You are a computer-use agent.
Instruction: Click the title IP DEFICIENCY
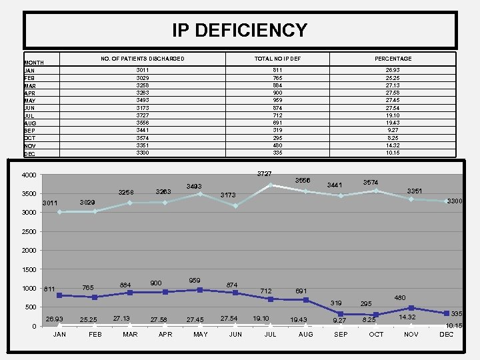pyautogui.click(x=240, y=30)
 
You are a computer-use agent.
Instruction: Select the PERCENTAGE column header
pyautogui.click(x=399, y=59)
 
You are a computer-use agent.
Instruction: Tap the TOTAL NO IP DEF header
pyautogui.click(x=277, y=59)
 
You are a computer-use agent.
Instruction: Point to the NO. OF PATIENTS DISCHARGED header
pyautogui.click(x=143, y=59)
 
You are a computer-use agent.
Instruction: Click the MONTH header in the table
pyautogui.click(x=34, y=62)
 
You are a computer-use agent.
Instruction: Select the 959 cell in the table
pyautogui.click(x=277, y=100)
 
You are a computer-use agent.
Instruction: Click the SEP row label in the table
pyautogui.click(x=30, y=130)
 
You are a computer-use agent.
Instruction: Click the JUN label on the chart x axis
pyautogui.click(x=235, y=334)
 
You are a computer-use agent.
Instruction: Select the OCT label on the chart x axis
pyautogui.click(x=376, y=334)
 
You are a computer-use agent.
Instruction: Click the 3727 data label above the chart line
pyautogui.click(x=264, y=174)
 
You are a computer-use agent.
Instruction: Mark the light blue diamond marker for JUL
pyautogui.click(x=271, y=185)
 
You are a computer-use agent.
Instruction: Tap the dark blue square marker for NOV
pyautogui.click(x=411, y=308)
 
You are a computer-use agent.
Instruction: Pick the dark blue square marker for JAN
pyautogui.click(x=59, y=295)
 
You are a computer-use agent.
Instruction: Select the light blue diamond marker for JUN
pyautogui.click(x=235, y=206)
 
